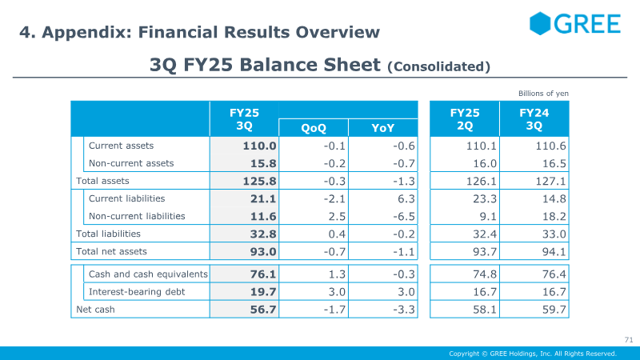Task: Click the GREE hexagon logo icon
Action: pos(540,23)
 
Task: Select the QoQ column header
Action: pos(314,128)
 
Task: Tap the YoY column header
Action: pos(383,128)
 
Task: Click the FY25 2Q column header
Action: pos(465,119)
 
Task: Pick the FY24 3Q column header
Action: pos(534,119)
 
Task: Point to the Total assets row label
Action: pos(102,181)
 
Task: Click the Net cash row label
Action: pos(95,310)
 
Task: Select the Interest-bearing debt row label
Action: pos(137,292)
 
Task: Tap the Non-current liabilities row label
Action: pos(137,216)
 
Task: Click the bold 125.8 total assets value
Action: pos(259,181)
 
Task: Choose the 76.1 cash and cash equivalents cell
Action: pos(263,274)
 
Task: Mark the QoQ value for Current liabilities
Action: pos(334,198)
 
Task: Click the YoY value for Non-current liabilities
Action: pos(404,216)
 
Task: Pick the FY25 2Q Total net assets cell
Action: pos(485,252)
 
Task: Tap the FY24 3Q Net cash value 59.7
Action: pos(554,310)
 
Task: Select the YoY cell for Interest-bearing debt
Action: pos(406,292)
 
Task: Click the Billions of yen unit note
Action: pos(543,94)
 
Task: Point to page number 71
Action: pos(629,339)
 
